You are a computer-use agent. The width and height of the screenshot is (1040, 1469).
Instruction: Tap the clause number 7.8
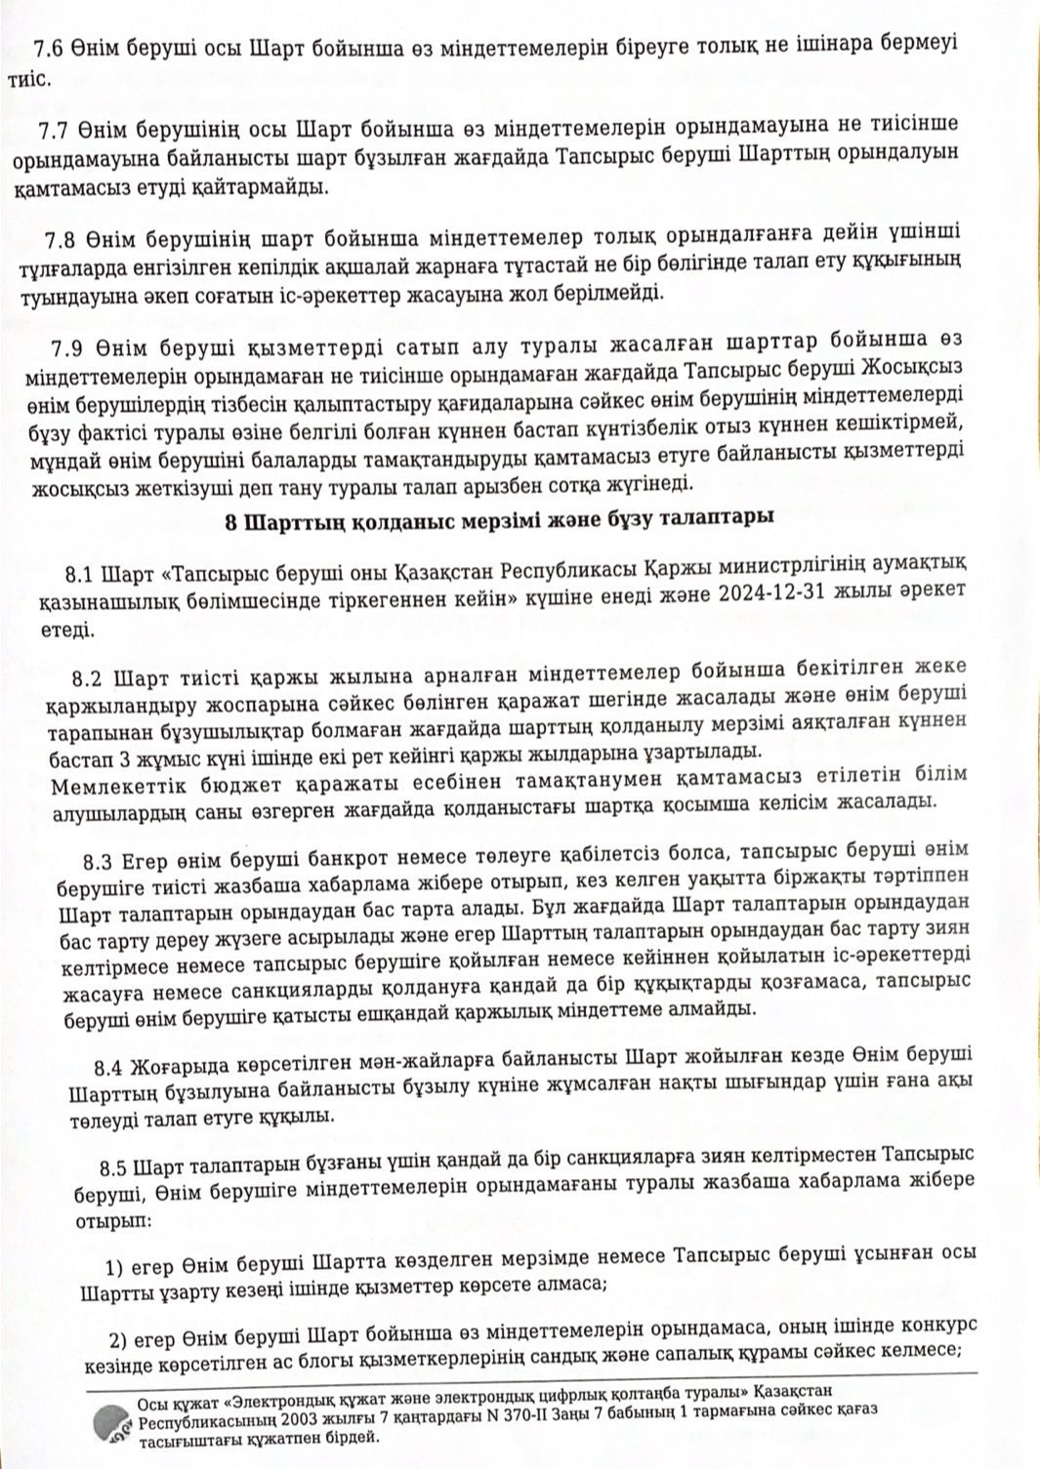point(63,237)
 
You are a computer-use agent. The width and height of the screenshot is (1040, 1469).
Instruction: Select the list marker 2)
point(118,1336)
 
